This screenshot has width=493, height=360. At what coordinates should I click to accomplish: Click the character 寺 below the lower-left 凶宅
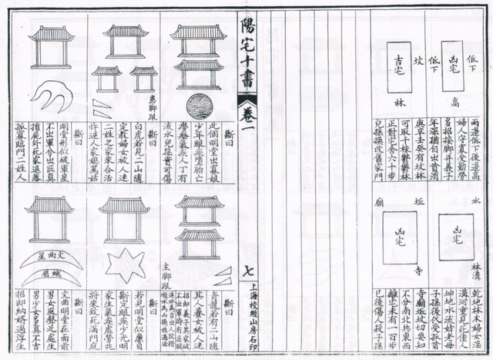[x=416, y=271]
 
